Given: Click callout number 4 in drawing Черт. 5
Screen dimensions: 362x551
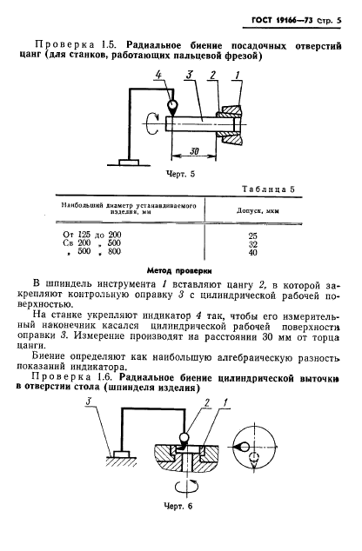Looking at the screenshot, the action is click(x=159, y=77).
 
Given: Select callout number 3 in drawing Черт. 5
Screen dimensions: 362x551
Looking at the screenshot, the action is click(x=188, y=77).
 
